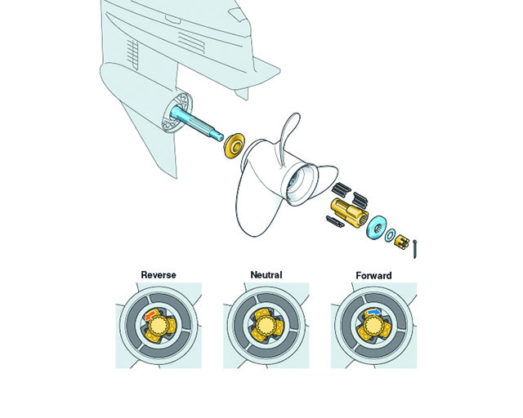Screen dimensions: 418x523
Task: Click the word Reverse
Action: point(159,274)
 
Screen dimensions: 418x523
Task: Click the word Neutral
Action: point(266,274)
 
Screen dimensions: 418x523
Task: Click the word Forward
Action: point(374,275)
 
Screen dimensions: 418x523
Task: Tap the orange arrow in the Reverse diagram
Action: point(151,313)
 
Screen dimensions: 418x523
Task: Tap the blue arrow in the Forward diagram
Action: point(373,311)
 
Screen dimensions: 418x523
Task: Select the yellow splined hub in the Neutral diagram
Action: point(266,324)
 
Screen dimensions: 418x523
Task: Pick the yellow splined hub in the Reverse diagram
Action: point(159,327)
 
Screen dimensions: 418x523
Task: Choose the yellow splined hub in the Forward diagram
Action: point(374,327)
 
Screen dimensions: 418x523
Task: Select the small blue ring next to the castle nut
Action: point(390,234)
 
